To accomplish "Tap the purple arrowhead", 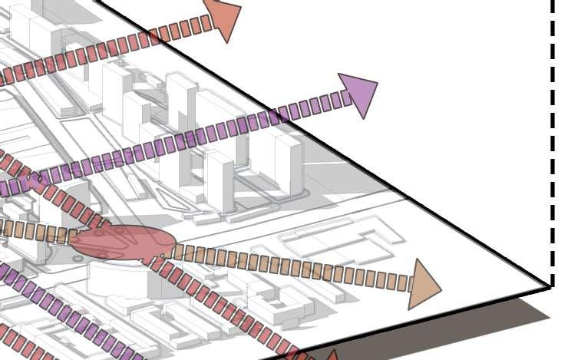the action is (359, 93).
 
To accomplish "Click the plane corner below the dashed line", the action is (551, 287).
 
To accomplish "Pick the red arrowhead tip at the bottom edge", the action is (332, 355).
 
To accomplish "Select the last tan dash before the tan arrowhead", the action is (404, 282).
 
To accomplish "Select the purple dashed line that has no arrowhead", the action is (69, 314).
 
